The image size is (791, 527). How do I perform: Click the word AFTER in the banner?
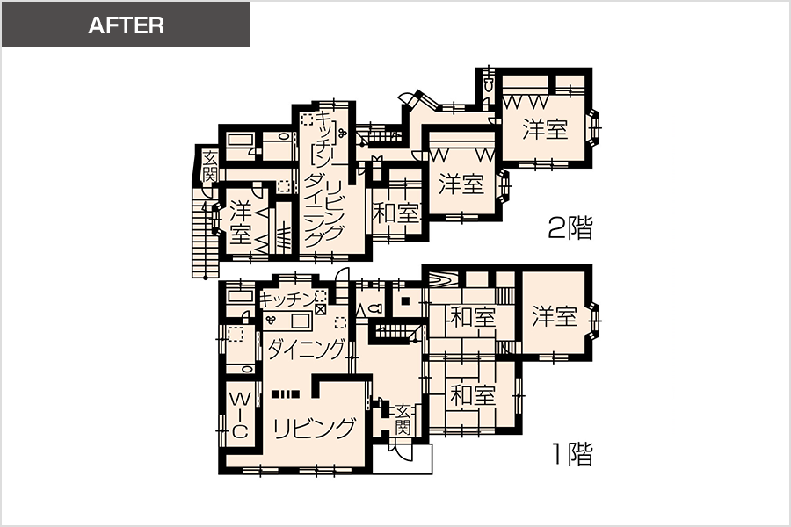pyautogui.click(x=126, y=25)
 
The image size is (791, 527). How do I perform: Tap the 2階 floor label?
pyautogui.click(x=570, y=227)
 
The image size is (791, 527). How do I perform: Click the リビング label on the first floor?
pyautogui.click(x=314, y=428)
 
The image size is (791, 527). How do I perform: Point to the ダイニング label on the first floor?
pyautogui.click(x=306, y=349)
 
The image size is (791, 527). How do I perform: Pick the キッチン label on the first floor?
pyautogui.click(x=287, y=300)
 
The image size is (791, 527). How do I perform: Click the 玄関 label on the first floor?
pyautogui.click(x=403, y=419)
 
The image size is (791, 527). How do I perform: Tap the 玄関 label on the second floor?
pyautogui.click(x=209, y=167)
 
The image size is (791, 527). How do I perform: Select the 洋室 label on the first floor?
pyautogui.click(x=555, y=316)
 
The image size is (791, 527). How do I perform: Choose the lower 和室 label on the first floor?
pyautogui.click(x=473, y=395)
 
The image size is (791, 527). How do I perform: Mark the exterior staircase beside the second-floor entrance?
pyautogui.click(x=206, y=233)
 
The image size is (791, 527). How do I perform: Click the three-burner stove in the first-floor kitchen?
pyautogui.click(x=271, y=320)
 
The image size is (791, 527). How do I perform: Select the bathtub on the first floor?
pyautogui.click(x=240, y=296)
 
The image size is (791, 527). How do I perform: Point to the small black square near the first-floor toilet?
pyautogui.click(x=404, y=301)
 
